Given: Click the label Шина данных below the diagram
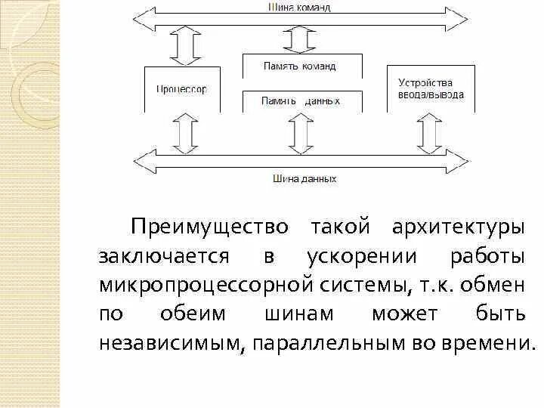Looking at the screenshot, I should [x=305, y=179].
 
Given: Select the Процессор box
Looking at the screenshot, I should [x=181, y=89].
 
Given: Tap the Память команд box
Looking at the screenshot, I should [x=301, y=66].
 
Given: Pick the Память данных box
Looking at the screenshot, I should [x=301, y=100].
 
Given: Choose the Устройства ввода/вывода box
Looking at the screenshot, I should [x=431, y=89].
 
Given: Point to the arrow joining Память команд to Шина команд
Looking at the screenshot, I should [x=300, y=40].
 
